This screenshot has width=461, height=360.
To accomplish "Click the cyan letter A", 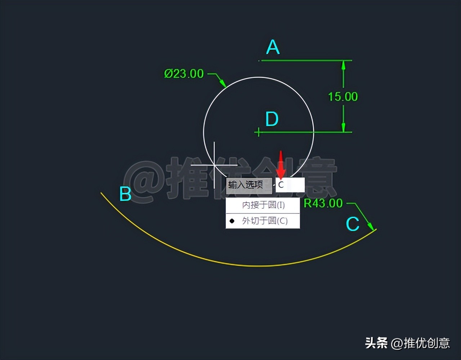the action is (273, 47).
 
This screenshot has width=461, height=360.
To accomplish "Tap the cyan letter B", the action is (125, 194).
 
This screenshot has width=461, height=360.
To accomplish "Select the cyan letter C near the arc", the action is (352, 224).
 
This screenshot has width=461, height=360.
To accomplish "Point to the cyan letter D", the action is (272, 119).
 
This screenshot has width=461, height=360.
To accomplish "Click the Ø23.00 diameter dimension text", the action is (184, 74).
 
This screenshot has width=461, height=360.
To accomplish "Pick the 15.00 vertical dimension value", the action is (343, 96).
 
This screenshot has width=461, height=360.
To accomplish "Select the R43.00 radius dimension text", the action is (323, 203).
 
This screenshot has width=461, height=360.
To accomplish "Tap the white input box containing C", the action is (290, 185).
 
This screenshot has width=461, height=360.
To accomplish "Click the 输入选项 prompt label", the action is (246, 185).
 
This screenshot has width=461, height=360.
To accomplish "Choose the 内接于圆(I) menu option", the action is (263, 205).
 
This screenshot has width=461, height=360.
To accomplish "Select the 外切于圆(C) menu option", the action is (265, 221).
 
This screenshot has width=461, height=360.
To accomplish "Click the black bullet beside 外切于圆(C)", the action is (232, 221).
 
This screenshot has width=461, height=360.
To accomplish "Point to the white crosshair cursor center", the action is (214, 165).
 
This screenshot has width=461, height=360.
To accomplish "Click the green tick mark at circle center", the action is (258, 132).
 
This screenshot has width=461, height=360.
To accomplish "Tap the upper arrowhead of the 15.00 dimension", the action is (343, 66).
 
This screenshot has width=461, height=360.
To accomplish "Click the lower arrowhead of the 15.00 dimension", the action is (343, 127).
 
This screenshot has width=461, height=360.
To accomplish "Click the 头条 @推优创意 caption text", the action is (407, 343).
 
